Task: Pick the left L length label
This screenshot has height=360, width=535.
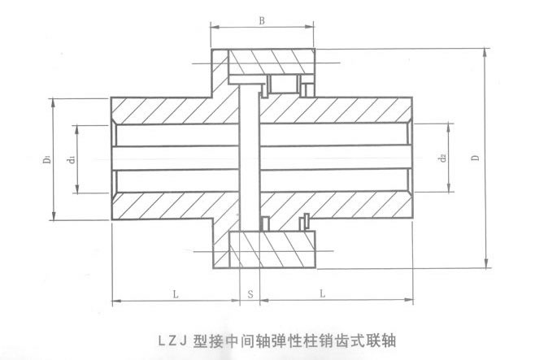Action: tap(176, 292)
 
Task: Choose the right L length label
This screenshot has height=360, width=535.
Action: tap(324, 292)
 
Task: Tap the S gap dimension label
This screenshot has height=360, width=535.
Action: tap(250, 292)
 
